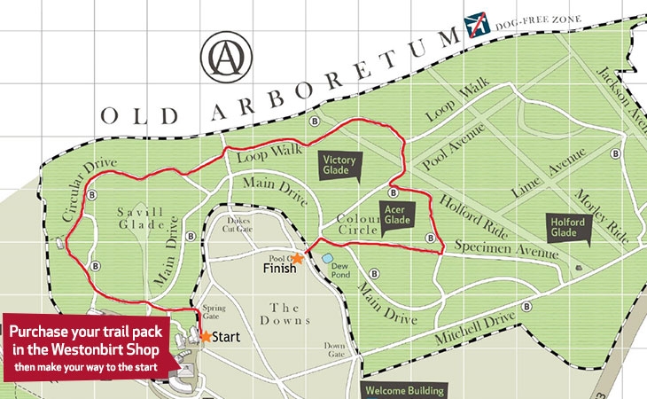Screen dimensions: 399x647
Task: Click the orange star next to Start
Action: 206,337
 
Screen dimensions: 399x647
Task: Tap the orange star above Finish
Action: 298,258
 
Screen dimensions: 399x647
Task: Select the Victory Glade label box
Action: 339,164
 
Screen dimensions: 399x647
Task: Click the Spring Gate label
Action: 210,312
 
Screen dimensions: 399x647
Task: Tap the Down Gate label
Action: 334,349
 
